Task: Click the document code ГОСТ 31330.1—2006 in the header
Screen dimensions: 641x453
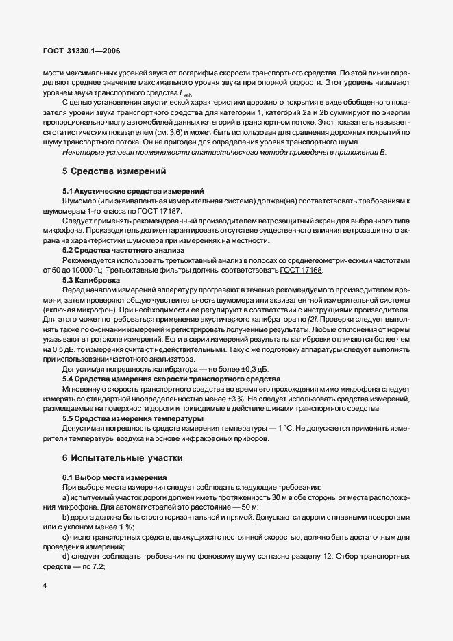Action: [82, 51]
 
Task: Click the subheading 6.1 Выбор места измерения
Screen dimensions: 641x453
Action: [110, 477]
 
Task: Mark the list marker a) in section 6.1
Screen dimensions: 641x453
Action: [66, 497]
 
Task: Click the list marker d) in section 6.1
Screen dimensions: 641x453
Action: [66, 557]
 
